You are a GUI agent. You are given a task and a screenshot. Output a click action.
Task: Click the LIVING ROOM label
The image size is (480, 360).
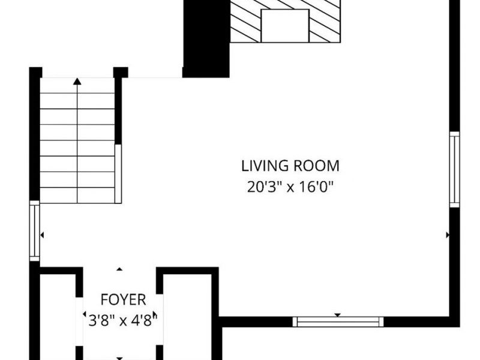[290, 166]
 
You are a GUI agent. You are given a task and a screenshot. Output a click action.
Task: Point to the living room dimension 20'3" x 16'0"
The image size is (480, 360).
[290, 187]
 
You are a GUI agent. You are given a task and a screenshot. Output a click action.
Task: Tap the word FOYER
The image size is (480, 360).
[124, 299]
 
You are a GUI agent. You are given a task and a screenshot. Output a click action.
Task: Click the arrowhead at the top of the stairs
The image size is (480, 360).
[77, 81]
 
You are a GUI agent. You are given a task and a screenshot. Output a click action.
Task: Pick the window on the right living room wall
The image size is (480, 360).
[455, 169]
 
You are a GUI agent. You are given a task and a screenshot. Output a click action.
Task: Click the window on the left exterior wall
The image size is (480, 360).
[35, 231]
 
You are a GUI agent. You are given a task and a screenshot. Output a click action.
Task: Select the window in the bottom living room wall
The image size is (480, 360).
[338, 322]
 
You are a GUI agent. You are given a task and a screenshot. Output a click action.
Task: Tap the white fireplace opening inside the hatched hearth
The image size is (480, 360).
[285, 26]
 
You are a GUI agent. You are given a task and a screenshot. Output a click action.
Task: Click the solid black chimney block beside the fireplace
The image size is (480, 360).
[206, 38]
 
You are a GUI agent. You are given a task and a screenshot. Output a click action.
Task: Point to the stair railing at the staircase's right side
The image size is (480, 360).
[118, 173]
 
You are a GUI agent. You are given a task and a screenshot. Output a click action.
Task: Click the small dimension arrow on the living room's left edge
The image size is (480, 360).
[42, 235]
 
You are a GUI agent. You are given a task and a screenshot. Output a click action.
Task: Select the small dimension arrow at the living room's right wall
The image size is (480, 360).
[448, 235]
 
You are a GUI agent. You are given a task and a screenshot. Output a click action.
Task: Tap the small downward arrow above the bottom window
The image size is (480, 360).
[337, 315]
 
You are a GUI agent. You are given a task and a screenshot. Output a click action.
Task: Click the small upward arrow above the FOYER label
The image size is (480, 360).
[119, 269]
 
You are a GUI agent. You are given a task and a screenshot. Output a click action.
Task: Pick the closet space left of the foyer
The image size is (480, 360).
[58, 317]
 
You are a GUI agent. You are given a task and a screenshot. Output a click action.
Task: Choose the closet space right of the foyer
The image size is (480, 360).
[187, 317]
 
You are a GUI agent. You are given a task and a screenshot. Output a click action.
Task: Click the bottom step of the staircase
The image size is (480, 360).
[77, 196]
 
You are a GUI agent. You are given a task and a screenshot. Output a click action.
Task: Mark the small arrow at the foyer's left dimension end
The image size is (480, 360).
[84, 314]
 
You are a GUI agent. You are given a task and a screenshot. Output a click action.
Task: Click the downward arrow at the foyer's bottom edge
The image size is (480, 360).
[119, 358]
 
